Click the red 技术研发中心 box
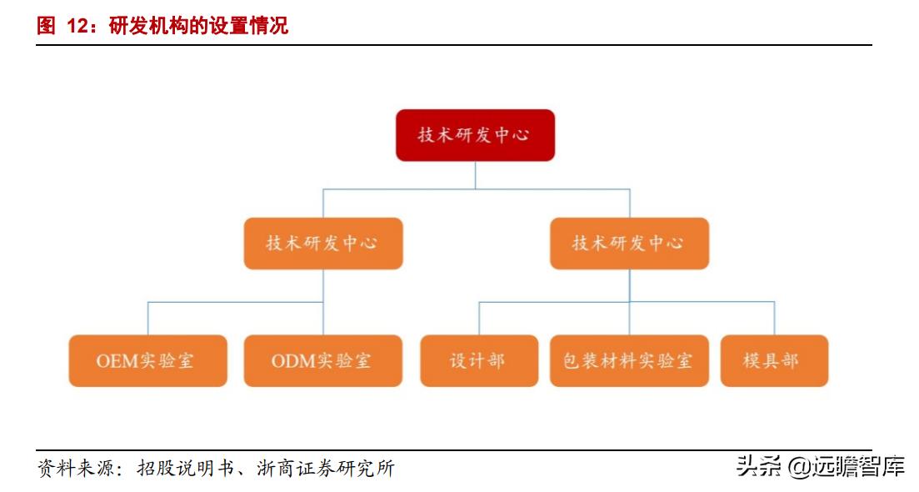[475, 135]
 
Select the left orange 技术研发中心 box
[323, 243]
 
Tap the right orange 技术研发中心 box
[629, 243]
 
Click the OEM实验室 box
[147, 360]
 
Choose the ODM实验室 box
[323, 360]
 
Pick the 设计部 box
[479, 360]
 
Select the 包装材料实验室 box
[629, 360]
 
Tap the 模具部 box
[774, 360]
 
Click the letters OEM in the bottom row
[117, 360]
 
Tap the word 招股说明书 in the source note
[185, 468]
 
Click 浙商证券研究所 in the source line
[326, 468]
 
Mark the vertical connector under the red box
[475, 175]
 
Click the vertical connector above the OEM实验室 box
[147, 319]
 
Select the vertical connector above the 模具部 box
[774, 319]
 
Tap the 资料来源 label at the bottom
[76, 468]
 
